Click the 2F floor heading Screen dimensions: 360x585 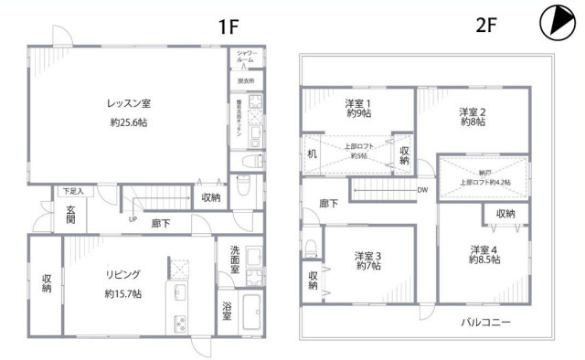(x=486, y=26)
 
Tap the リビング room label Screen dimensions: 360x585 (x=122, y=274)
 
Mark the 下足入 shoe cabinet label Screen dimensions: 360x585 (x=73, y=192)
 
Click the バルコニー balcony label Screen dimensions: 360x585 (x=485, y=323)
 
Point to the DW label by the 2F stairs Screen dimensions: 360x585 (x=422, y=190)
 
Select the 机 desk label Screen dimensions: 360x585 (x=312, y=154)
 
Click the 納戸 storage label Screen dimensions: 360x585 (x=484, y=171)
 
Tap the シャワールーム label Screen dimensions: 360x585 (x=246, y=57)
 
